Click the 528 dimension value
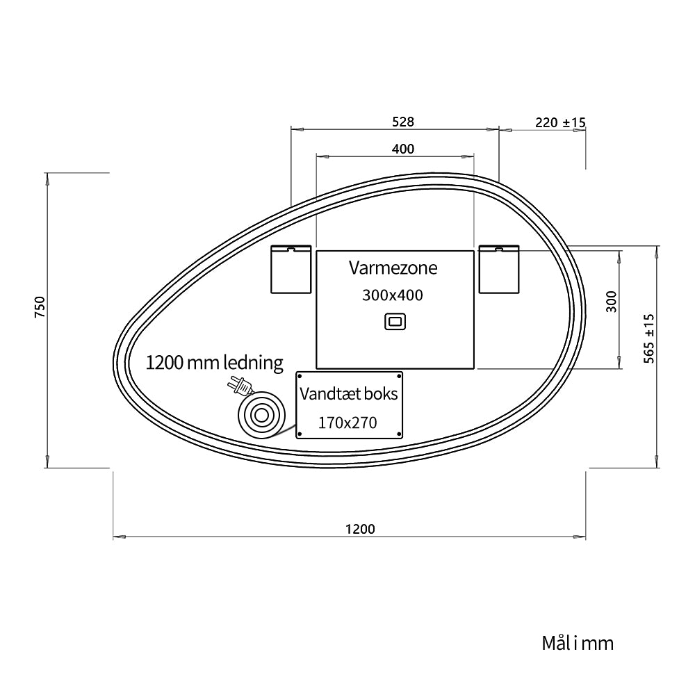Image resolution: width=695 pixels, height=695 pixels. pyautogui.click(x=403, y=122)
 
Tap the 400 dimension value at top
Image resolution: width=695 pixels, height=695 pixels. pyautogui.click(x=403, y=149)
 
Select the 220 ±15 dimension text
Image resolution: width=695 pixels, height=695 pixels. pyautogui.click(x=560, y=122)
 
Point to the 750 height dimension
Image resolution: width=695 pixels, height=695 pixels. pyautogui.click(x=40, y=306)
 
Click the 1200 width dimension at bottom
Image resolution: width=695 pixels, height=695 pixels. pyautogui.click(x=360, y=529)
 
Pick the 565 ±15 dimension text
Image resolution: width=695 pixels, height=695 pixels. pyautogui.click(x=648, y=338)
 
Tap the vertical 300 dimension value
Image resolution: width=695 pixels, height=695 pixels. pyautogui.click(x=611, y=302)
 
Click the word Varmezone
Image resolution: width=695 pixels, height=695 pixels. pyautogui.click(x=393, y=268)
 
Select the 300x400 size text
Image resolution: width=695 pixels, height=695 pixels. pyautogui.click(x=393, y=295)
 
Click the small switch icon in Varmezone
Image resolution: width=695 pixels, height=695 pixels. pyautogui.click(x=395, y=322)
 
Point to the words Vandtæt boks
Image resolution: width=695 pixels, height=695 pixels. pyautogui.click(x=349, y=393)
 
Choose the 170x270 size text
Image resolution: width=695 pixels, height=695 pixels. pyautogui.click(x=347, y=423)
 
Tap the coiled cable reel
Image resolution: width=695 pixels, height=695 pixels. pyautogui.click(x=261, y=416)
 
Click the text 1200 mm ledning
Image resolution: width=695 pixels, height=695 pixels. pyautogui.click(x=215, y=363)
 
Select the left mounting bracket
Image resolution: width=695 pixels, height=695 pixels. pyautogui.click(x=291, y=270)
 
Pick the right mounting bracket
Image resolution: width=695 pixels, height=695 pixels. pyautogui.click(x=499, y=269)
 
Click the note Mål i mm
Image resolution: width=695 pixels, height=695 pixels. pyautogui.click(x=578, y=643)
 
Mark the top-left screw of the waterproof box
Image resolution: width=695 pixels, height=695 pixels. pyautogui.click(x=300, y=376)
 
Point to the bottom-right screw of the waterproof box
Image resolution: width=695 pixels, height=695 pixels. pyautogui.click(x=400, y=434)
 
